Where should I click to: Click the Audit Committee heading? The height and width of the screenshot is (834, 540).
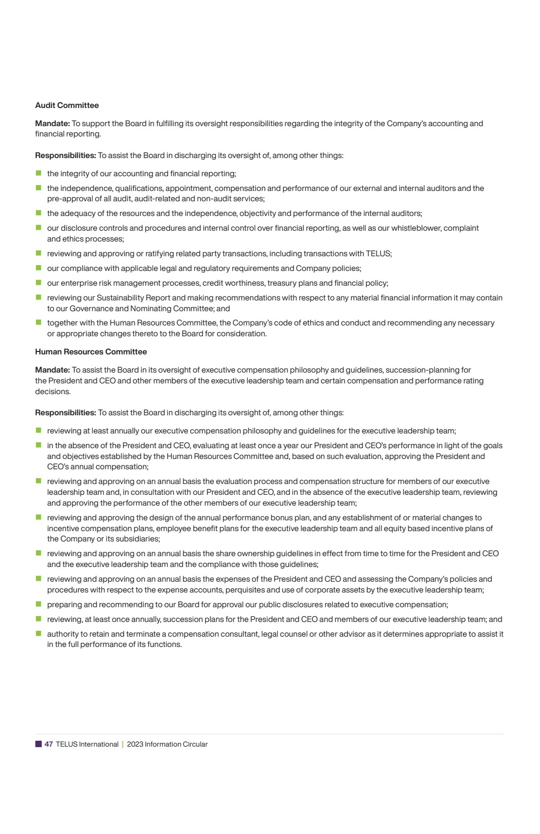pyautogui.click(x=67, y=106)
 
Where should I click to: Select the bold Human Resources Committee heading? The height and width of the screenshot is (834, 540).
pyautogui.click(x=91, y=352)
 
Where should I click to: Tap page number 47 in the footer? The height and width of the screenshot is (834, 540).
pyautogui.click(x=49, y=744)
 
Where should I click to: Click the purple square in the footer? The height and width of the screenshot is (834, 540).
pyautogui.click(x=38, y=744)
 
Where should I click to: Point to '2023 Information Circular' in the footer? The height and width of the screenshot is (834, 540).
pyautogui.click(x=167, y=744)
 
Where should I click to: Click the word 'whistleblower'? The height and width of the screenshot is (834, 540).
pyautogui.click(x=417, y=228)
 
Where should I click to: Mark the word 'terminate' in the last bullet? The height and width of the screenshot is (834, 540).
pyautogui.click(x=142, y=634)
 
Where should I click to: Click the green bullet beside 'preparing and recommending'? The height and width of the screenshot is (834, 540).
pyautogui.click(x=38, y=604)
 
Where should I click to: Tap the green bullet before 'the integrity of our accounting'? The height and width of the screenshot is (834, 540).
pyautogui.click(x=38, y=173)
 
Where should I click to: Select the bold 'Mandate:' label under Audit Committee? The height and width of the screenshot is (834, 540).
pyautogui.click(x=53, y=124)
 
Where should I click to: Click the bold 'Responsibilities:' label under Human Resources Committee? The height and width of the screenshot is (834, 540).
pyautogui.click(x=65, y=413)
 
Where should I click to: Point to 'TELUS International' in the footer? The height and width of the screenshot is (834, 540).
pyautogui.click(x=87, y=744)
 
